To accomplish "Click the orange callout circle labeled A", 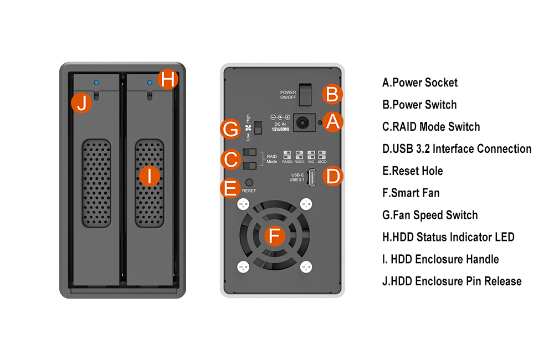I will point(332,121).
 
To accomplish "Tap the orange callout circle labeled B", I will point(332,94).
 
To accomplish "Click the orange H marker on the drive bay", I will point(168,80).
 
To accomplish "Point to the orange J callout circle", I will point(81,103).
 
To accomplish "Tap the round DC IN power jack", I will point(303,121).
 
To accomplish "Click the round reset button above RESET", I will point(249,182).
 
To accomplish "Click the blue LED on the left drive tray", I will point(96,83).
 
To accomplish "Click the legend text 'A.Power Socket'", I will point(420,83).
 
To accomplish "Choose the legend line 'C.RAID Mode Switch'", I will point(431,127).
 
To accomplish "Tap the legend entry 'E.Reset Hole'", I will point(413,171).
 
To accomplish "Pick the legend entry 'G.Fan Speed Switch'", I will point(430,215).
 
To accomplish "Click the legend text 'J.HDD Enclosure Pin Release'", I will point(452,281).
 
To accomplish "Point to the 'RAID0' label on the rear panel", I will point(287,162).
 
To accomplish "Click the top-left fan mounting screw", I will point(242,205).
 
